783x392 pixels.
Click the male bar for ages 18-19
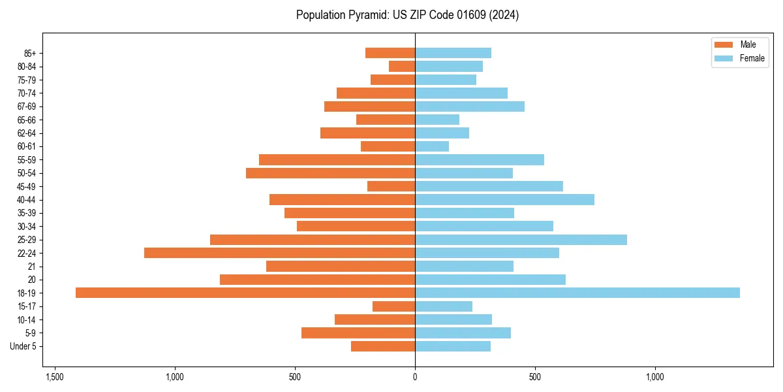[x=245, y=293]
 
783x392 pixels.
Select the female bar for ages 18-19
[x=577, y=293]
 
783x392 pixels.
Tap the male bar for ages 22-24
[x=279, y=253]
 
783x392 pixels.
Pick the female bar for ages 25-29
[x=521, y=240]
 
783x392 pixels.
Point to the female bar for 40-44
[x=504, y=200]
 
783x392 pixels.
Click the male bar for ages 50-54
[x=330, y=173]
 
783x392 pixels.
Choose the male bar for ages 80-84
[x=402, y=66]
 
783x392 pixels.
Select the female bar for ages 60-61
[x=432, y=146]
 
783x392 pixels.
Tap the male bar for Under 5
[x=383, y=346]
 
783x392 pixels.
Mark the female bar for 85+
[x=453, y=53]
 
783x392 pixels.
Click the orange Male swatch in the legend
[x=724, y=44]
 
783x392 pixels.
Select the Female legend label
[x=752, y=58]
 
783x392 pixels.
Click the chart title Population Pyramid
[x=407, y=15]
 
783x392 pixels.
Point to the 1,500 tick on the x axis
[x=55, y=377]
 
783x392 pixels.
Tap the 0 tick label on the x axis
[x=415, y=377]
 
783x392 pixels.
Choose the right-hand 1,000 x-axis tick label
[x=654, y=377]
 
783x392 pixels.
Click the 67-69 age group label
[x=27, y=106]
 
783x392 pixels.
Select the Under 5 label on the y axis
[x=23, y=346]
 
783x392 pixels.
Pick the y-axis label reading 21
[x=31, y=267]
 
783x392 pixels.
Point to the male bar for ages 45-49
[x=391, y=186]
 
